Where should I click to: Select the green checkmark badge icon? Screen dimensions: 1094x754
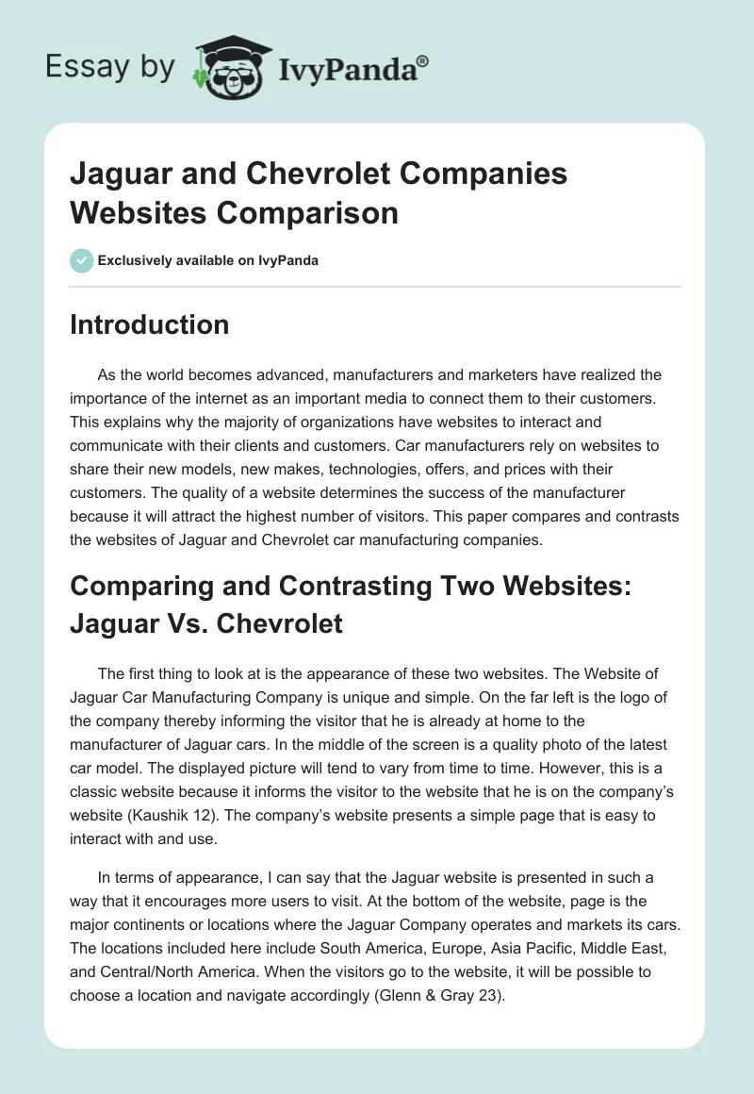pyautogui.click(x=81, y=260)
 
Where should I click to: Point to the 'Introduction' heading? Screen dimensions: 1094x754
pyautogui.click(x=150, y=324)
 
